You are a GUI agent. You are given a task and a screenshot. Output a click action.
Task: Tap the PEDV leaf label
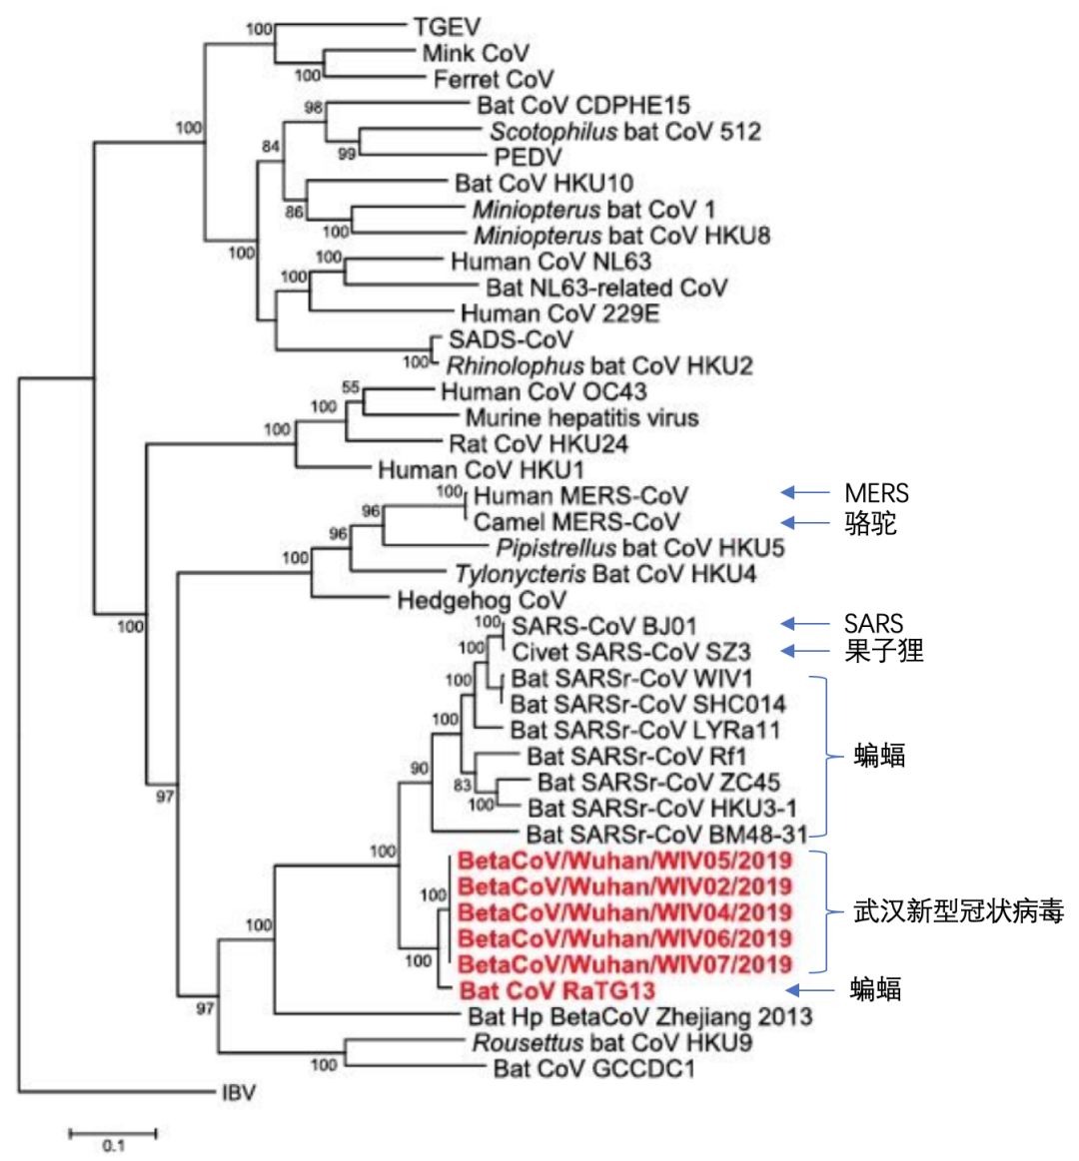pyautogui.click(x=528, y=157)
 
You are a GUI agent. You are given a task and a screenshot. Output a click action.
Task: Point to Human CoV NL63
pyautogui.click(x=550, y=262)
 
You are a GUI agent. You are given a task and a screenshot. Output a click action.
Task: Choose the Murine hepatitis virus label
pyautogui.click(x=581, y=417)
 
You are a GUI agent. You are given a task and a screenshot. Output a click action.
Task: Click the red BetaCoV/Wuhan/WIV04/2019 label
pyautogui.click(x=624, y=912)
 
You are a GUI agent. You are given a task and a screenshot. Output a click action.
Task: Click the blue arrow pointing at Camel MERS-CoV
pyautogui.click(x=803, y=521)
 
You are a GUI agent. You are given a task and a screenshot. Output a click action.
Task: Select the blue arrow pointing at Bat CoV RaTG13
pyautogui.click(x=808, y=989)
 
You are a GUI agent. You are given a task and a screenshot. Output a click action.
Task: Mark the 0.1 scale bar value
pyautogui.click(x=112, y=1146)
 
